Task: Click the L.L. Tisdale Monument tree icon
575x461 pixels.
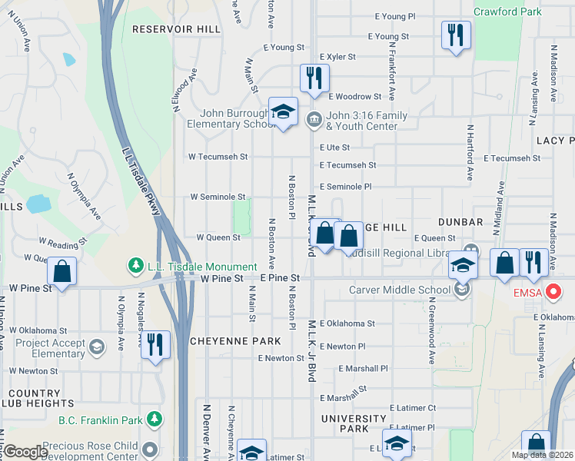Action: [136, 265]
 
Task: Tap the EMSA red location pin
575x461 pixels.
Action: [553, 292]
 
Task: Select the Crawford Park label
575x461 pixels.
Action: [508, 12]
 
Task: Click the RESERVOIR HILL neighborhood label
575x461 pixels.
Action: [165, 29]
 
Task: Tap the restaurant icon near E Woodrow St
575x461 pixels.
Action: [314, 78]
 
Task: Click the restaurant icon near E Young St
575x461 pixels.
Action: [456, 35]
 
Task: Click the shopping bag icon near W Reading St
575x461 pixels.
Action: [61, 271]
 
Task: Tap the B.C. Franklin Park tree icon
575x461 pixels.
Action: [155, 420]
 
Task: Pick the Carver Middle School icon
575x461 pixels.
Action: [461, 290]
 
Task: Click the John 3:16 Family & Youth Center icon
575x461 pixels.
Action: [314, 120]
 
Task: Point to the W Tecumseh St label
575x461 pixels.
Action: [218, 156]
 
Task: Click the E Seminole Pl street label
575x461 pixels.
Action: [345, 187]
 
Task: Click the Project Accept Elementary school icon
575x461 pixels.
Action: [97, 347]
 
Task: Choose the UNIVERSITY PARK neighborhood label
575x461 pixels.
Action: [354, 423]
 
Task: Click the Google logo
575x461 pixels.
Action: [25, 452]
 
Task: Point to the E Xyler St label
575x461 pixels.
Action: [337, 57]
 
